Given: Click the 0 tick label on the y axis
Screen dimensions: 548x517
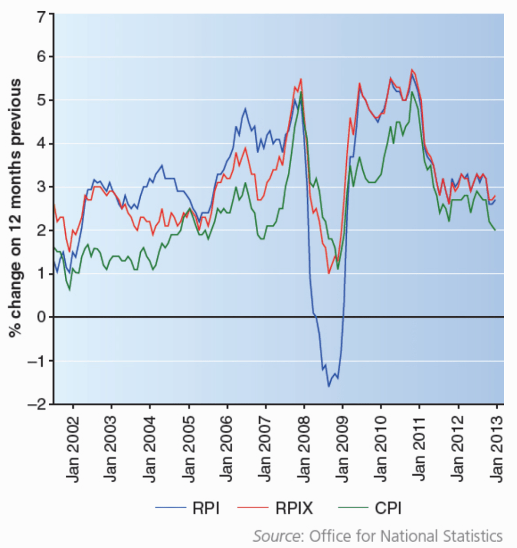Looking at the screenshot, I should click(x=41, y=317).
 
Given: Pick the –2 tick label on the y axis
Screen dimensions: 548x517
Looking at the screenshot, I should click(x=36, y=404).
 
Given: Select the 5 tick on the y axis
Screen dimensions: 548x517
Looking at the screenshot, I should click(x=41, y=100).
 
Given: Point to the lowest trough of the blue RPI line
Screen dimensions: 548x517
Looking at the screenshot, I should click(x=329, y=386).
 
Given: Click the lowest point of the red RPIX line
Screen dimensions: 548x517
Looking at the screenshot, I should click(x=329, y=273).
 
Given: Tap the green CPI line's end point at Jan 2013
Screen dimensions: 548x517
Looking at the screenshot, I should click(x=496, y=230).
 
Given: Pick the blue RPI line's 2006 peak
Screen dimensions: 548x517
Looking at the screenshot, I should click(x=245, y=108).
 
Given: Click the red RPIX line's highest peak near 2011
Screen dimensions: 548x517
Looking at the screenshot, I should click(x=411, y=70).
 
